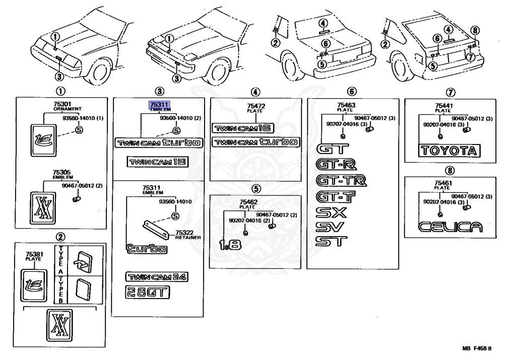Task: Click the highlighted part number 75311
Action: (159, 105)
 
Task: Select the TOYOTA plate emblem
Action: (449, 151)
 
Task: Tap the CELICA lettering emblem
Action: (450, 227)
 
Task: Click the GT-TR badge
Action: (341, 180)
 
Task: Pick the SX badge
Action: (331, 212)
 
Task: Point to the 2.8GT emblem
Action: (148, 292)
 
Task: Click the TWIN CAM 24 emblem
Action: (157, 277)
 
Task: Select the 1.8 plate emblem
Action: (230, 244)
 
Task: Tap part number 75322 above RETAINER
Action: (184, 233)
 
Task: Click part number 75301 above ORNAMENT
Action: (62, 104)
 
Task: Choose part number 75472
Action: (256, 106)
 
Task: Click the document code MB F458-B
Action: (477, 348)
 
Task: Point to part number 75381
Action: (34, 254)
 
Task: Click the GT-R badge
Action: (336, 164)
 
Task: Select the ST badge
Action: (331, 241)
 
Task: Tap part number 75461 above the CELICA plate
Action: (443, 183)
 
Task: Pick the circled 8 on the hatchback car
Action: (475, 31)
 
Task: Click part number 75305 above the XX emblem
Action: (61, 172)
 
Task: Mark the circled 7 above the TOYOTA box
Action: (450, 92)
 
